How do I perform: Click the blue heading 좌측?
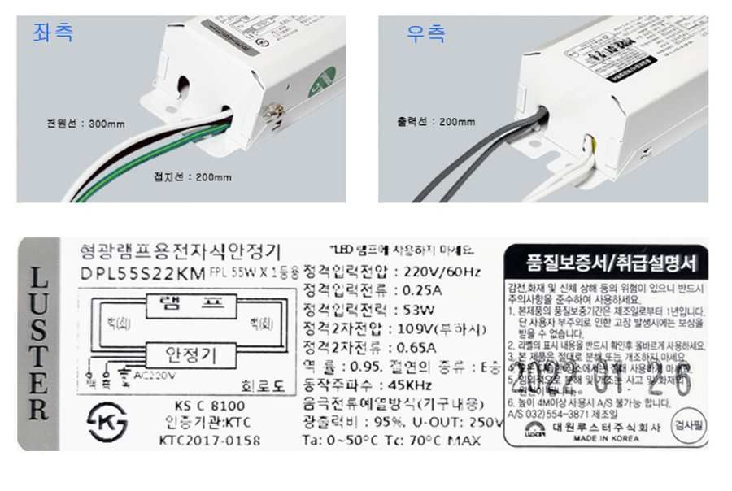(53, 33)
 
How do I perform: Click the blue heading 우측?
(425, 33)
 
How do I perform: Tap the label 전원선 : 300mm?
(85, 124)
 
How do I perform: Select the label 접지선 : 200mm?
(192, 177)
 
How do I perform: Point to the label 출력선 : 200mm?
(436, 122)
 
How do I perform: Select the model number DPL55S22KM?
(143, 273)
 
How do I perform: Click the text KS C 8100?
(209, 406)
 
